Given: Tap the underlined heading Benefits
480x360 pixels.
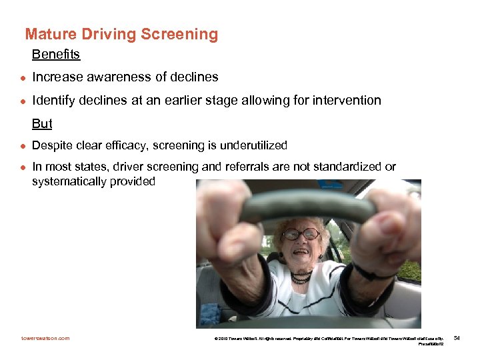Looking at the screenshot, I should click(55, 54).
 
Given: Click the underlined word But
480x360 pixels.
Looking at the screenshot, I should click(42, 124).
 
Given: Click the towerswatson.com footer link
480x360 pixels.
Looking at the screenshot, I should click(45, 339).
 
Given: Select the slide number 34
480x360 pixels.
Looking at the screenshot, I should click(457, 339).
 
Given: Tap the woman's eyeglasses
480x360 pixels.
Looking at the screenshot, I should click(301, 234).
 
